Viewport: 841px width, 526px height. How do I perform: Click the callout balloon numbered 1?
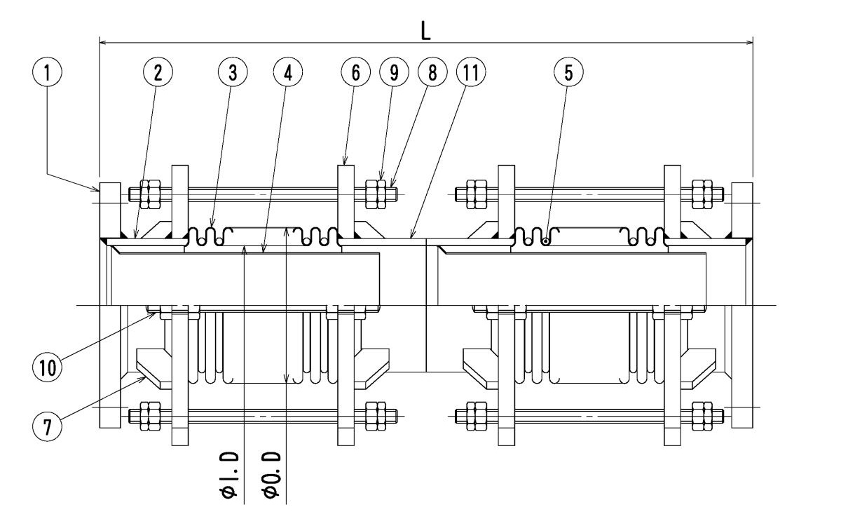(48, 72)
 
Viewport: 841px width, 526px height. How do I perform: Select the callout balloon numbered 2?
(158, 72)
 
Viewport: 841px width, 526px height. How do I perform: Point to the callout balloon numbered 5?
(568, 72)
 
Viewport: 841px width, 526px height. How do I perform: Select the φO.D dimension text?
(273, 476)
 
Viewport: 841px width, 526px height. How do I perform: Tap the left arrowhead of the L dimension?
(102, 43)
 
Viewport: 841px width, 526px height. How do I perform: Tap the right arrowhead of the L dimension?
(751, 43)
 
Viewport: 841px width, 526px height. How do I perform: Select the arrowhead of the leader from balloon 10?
(156, 314)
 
